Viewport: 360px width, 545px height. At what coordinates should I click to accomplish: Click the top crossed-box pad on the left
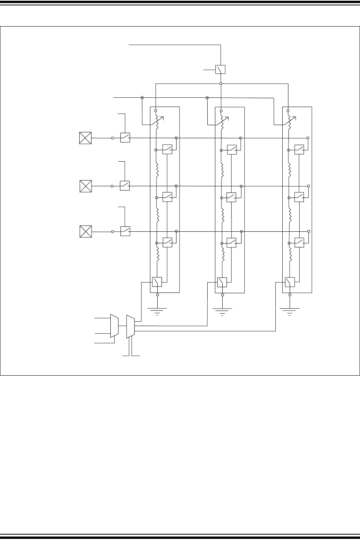(x=85, y=137)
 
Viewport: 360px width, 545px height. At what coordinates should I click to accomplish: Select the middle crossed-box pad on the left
(x=85, y=186)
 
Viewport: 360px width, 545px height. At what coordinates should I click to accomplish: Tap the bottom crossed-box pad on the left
(x=85, y=232)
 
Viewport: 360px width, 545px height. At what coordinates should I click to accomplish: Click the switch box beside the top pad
(x=125, y=137)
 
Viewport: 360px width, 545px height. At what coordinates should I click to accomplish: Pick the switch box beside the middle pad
(x=125, y=186)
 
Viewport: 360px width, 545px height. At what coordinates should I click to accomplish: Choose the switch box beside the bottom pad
(x=125, y=231)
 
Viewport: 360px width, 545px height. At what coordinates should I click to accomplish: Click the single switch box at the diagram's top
(x=220, y=69)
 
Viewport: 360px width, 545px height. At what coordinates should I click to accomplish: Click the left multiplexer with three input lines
(x=114, y=326)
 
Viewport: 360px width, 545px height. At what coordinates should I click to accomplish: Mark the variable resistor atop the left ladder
(x=157, y=119)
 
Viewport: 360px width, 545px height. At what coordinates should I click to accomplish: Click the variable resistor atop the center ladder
(x=222, y=119)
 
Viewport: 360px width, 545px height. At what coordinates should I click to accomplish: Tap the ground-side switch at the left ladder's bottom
(x=157, y=282)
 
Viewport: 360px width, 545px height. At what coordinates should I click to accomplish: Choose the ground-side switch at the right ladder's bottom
(x=290, y=282)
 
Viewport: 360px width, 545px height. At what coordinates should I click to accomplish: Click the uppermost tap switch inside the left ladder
(x=167, y=149)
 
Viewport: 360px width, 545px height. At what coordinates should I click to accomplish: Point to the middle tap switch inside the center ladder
(x=231, y=197)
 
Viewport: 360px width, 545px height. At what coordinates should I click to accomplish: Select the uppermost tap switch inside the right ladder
(x=299, y=149)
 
